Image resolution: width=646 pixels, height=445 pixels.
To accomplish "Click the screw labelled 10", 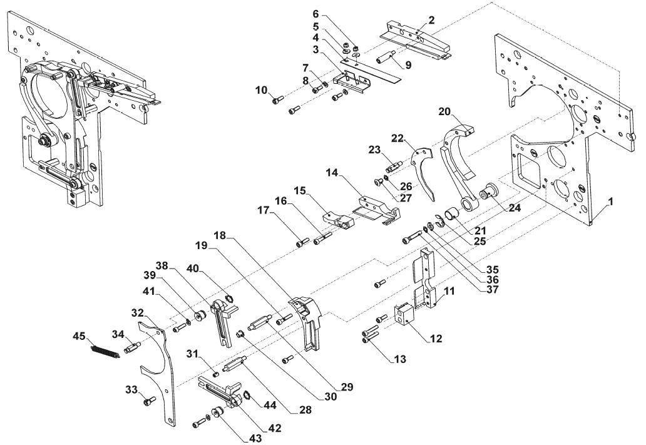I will pyautogui.click(x=279, y=98).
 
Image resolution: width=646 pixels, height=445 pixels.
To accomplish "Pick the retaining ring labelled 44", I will pyautogui.click(x=248, y=395).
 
